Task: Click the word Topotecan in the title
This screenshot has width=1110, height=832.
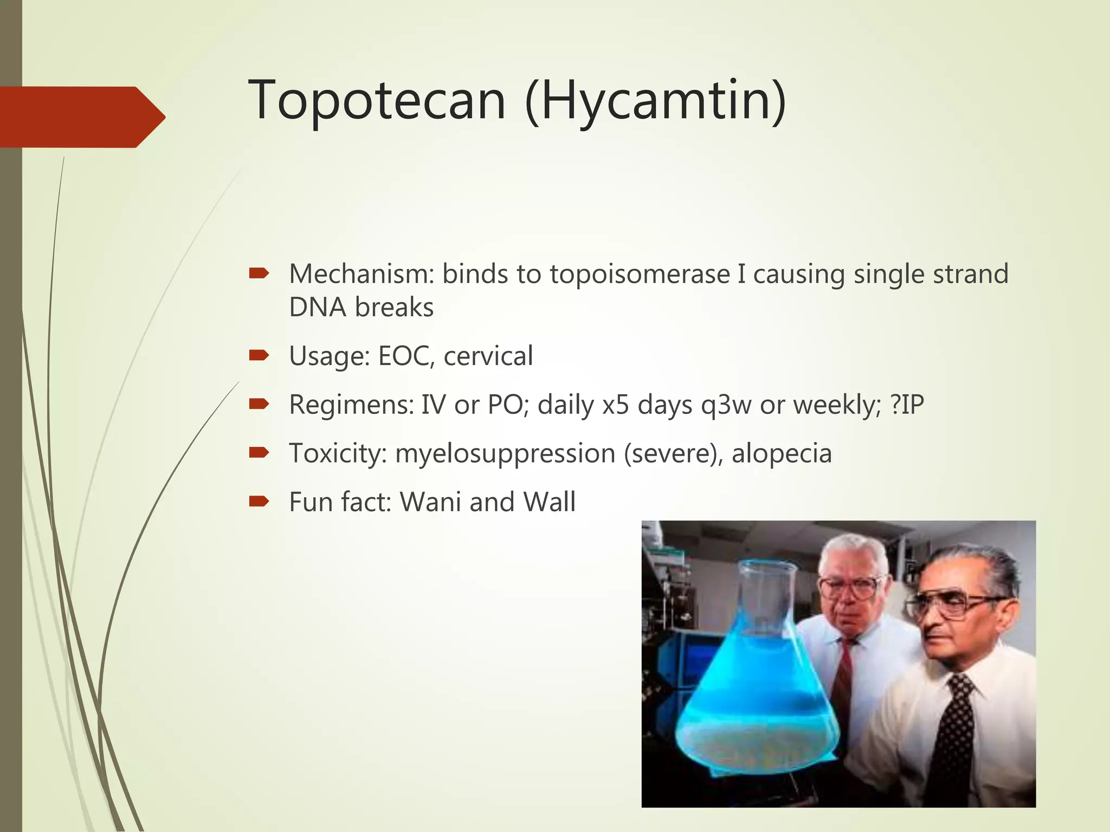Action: pyautogui.click(x=377, y=100)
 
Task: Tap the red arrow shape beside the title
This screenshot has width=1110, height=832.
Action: pyautogui.click(x=81, y=117)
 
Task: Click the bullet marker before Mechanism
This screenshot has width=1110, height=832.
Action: pyautogui.click(x=259, y=274)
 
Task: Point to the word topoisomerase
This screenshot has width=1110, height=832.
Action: pyautogui.click(x=640, y=274)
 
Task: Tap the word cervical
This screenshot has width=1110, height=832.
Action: pyautogui.click(x=488, y=356)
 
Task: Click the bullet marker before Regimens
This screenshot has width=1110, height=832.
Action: pyautogui.click(x=259, y=404)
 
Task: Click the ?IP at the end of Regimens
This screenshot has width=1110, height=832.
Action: pyautogui.click(x=907, y=404)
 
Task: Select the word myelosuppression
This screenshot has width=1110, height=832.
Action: pyautogui.click(x=505, y=454)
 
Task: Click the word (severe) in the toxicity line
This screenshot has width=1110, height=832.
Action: pyautogui.click(x=673, y=454)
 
